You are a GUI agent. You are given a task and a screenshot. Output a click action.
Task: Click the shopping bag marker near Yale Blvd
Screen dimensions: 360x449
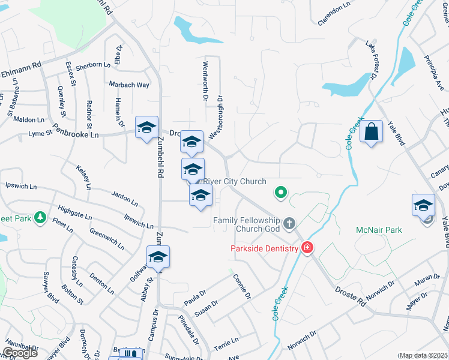pyautogui.click(x=372, y=131)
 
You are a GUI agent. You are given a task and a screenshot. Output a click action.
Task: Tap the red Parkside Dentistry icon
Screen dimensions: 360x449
pyautogui.click(x=307, y=247)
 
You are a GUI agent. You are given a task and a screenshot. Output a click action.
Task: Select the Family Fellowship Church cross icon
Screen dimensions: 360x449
pyautogui.click(x=289, y=224)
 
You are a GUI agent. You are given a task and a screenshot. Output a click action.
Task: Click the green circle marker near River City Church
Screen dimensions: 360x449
pyautogui.click(x=280, y=193)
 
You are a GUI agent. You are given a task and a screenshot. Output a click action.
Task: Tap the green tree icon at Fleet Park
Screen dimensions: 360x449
pyautogui.click(x=40, y=217)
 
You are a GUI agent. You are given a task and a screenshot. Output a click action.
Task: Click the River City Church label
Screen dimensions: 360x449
pyautogui.click(x=235, y=181)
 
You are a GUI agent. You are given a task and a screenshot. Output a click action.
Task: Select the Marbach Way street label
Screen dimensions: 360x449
pyautogui.click(x=129, y=85)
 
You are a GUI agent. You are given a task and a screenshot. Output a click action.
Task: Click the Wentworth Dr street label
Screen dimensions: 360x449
pyautogui.click(x=205, y=80)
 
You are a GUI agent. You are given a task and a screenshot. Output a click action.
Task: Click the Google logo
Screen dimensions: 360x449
pyautogui.click(x=20, y=353)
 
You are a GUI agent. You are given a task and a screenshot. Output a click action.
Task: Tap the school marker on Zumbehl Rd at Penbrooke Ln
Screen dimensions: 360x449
pyautogui.click(x=146, y=127)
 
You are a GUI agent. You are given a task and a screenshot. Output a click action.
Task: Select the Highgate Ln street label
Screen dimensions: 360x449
pyautogui.click(x=75, y=212)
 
